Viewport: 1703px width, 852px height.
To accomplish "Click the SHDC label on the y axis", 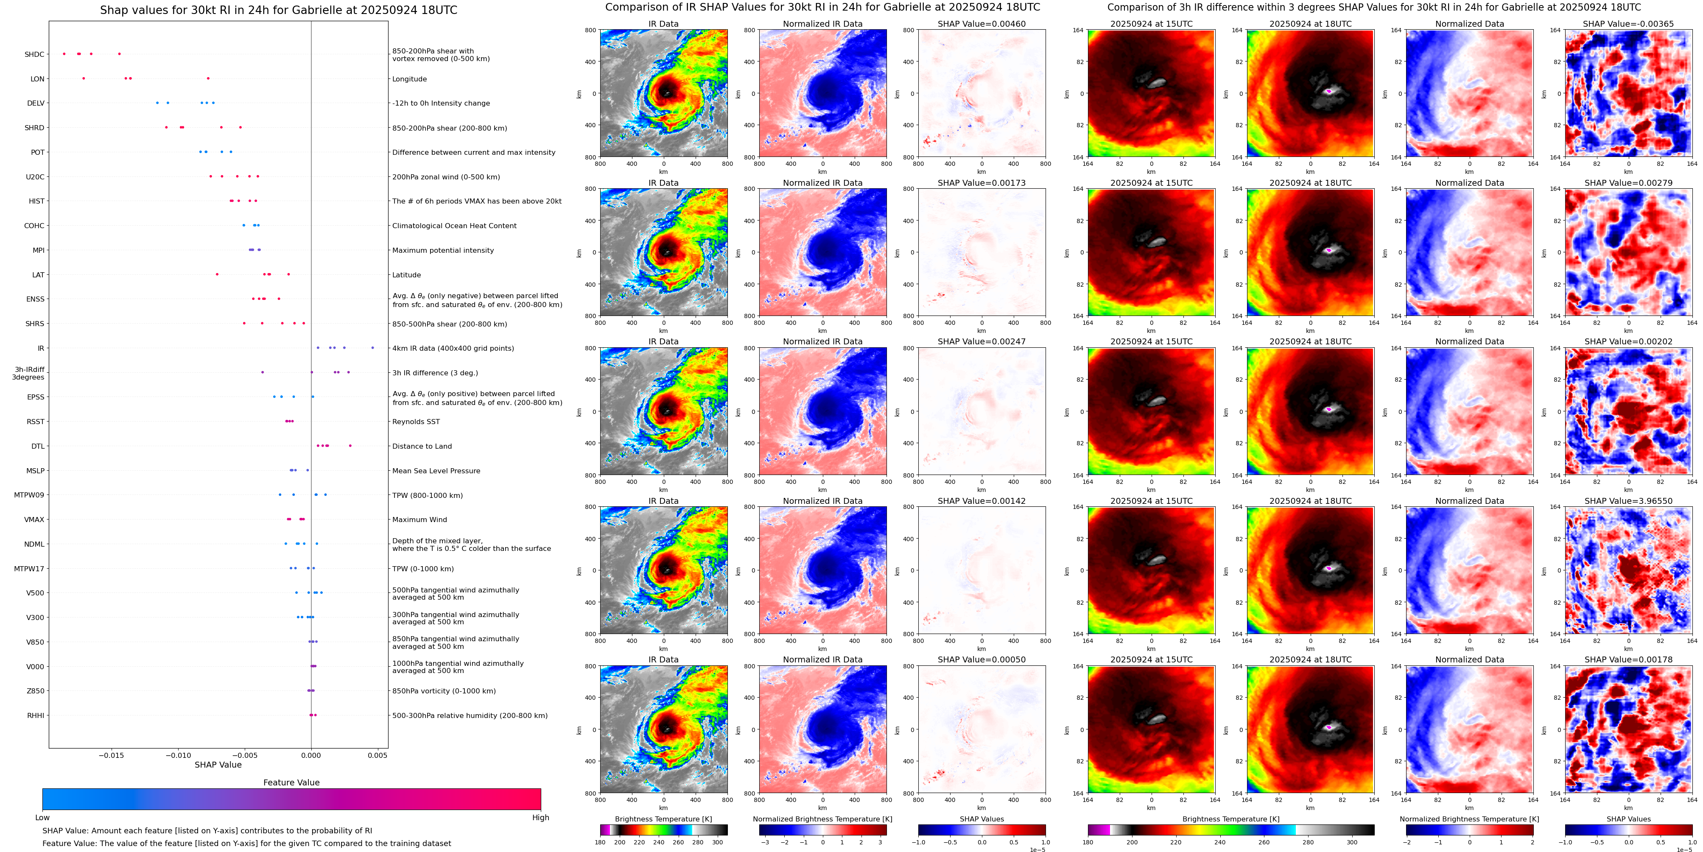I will [x=34, y=54].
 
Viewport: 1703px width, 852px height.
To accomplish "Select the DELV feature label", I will [x=36, y=103].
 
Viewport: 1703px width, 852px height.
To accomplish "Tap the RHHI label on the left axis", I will [x=36, y=715].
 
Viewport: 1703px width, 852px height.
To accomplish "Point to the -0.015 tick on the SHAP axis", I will [x=111, y=755].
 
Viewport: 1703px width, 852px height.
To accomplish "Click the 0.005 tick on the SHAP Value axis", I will [x=378, y=755].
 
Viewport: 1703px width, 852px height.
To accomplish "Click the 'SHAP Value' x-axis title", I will [x=218, y=765].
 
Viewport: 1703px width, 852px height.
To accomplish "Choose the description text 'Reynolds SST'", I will [x=416, y=422].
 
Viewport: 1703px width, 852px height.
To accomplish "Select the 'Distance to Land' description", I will [x=422, y=446].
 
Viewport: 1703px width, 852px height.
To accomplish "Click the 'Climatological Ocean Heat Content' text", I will [x=454, y=225].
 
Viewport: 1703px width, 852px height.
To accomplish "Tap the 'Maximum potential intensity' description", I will [x=443, y=251].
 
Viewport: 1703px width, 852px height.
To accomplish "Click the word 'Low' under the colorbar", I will [x=42, y=818].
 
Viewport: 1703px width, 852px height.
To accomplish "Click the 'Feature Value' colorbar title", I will [x=291, y=782].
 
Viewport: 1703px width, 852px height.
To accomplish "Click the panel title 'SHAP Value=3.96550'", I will [x=1628, y=501].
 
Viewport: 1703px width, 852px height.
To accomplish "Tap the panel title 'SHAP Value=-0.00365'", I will [x=1628, y=24].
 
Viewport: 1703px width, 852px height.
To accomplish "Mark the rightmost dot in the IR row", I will [x=373, y=348].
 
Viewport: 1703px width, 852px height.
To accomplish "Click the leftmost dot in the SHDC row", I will [x=64, y=53].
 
